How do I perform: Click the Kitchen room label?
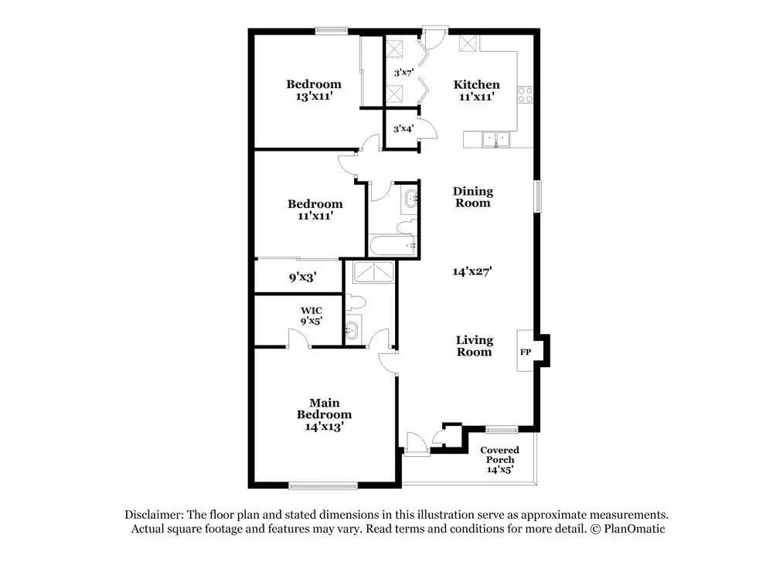point(476,85)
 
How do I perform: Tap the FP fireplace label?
point(526,353)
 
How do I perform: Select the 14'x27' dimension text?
point(473,271)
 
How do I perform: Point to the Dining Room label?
point(472,197)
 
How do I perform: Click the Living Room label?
point(474,346)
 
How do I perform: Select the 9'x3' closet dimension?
point(302,274)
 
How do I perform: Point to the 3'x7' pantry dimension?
point(404,73)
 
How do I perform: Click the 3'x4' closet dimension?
point(404,129)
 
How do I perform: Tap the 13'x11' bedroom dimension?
point(313,97)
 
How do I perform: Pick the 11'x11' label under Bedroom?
point(315,216)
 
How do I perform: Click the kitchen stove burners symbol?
point(526,95)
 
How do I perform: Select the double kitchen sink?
point(494,139)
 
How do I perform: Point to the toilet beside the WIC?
point(356,301)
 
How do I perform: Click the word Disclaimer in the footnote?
point(151,515)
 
